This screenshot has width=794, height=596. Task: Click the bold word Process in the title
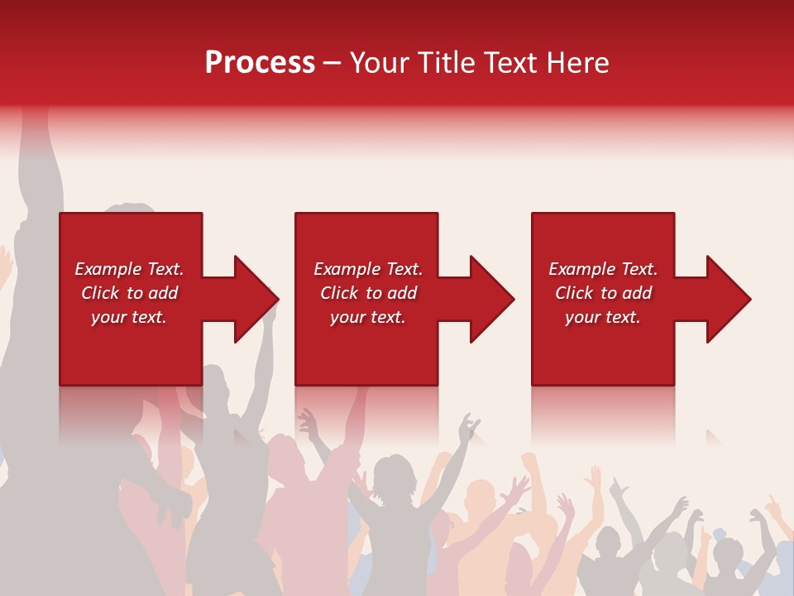pos(260,63)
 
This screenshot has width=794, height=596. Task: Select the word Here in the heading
pos(577,63)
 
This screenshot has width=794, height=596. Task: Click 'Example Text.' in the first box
pos(129,269)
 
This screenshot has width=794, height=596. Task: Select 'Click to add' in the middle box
pos(368,293)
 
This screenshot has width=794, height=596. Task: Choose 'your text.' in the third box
pos(603,317)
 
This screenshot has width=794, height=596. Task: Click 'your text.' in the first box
pos(129,317)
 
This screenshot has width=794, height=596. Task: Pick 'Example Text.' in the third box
pos(603,269)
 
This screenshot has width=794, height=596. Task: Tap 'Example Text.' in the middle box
pos(368,269)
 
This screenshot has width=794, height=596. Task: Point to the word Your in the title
pos(379,63)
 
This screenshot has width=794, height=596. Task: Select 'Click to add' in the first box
pos(129,293)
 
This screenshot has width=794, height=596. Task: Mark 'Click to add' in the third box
pos(603,293)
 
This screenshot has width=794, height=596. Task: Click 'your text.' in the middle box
pos(368,317)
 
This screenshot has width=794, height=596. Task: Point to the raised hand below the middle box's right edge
pos(470,425)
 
